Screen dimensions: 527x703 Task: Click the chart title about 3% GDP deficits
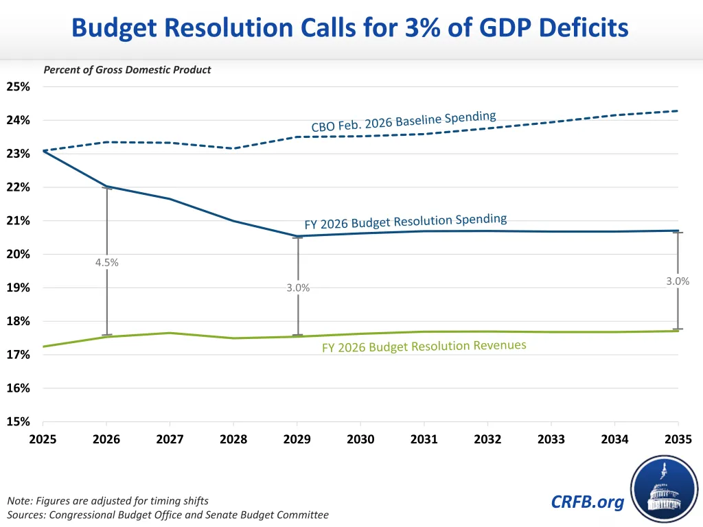[350, 28]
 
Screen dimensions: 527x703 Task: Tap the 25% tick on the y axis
[19, 87]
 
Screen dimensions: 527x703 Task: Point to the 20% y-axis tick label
[19, 255]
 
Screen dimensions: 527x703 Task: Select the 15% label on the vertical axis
[19, 422]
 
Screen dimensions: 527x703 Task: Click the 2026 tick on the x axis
[106, 439]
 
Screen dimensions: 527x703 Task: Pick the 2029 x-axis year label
[297, 439]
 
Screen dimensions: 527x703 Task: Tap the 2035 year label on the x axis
[678, 439]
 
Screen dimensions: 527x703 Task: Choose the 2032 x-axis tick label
[487, 439]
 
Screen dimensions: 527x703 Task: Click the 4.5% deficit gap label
[107, 262]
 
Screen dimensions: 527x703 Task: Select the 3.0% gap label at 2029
[298, 288]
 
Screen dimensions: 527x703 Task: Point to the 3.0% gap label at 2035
[678, 281]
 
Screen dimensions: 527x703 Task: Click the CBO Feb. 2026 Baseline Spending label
[404, 121]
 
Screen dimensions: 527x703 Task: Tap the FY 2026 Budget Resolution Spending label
[406, 222]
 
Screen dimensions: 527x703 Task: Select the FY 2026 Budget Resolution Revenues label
[424, 347]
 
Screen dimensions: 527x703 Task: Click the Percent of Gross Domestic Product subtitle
[127, 69]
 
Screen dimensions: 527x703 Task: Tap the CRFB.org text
[588, 502]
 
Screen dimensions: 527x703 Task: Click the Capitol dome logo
[664, 489]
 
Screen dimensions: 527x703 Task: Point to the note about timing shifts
[107, 501]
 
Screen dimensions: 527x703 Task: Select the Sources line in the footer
[168, 515]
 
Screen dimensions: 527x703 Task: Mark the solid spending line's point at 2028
[233, 221]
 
